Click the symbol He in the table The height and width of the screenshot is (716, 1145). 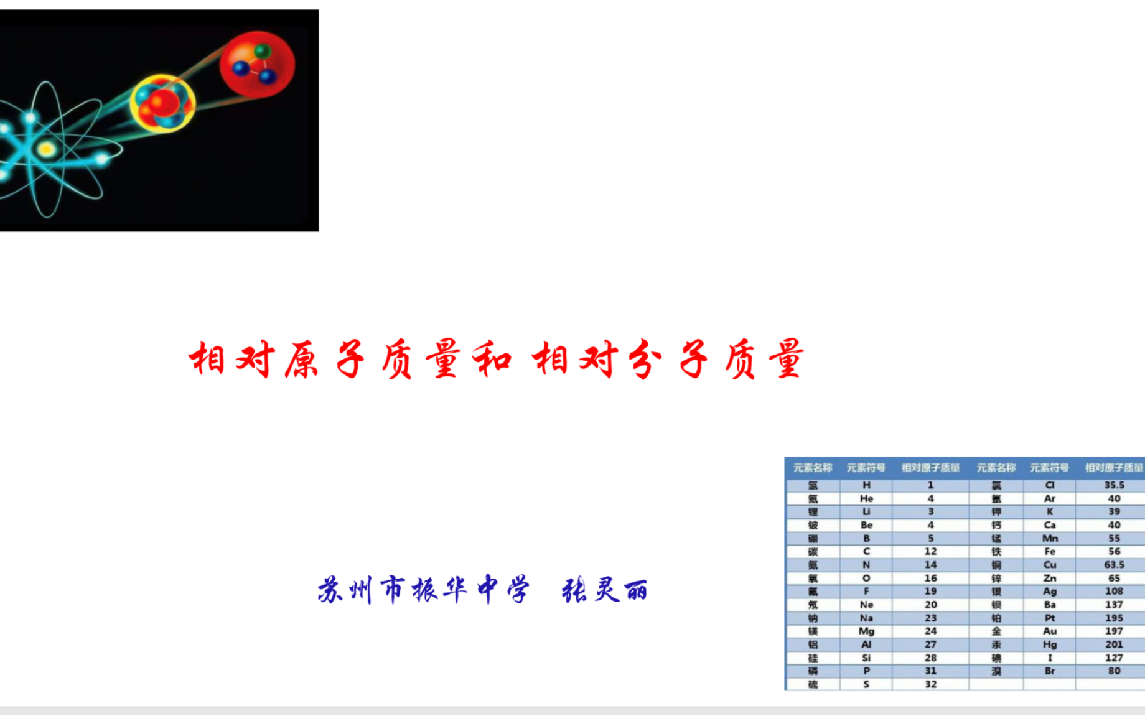click(x=866, y=498)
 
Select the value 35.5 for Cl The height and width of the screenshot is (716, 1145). click(x=1114, y=485)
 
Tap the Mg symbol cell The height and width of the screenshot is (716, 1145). click(x=866, y=631)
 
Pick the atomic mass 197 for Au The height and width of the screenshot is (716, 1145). click(x=1114, y=631)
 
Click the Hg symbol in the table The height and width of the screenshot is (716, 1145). click(x=1050, y=644)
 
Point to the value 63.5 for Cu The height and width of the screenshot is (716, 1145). click(x=1114, y=565)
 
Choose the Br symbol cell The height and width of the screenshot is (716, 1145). click(x=1050, y=671)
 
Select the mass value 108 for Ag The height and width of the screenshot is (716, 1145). click(x=1114, y=591)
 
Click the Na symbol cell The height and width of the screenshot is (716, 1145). click(x=866, y=618)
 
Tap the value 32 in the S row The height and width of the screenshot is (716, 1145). click(x=930, y=684)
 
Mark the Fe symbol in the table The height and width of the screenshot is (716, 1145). click(x=1050, y=551)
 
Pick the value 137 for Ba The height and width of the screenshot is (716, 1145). click(x=1114, y=605)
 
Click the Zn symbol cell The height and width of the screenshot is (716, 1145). click(x=1050, y=578)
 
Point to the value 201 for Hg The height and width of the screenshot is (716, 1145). click(x=1114, y=644)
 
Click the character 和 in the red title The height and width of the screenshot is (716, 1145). click(x=491, y=360)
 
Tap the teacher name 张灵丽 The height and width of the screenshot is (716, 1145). click(x=604, y=590)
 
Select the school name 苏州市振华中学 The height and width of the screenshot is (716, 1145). click(x=423, y=590)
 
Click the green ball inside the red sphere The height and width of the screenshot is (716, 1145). click(x=263, y=50)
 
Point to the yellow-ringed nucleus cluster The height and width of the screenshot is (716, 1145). click(x=163, y=103)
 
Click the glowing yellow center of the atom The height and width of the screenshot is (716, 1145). click(x=46, y=149)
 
